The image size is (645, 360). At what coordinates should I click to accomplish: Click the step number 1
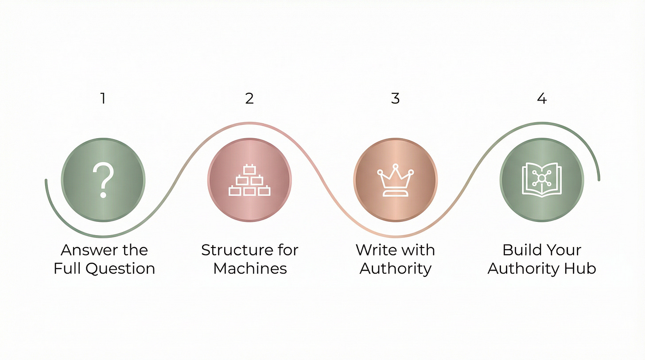103,98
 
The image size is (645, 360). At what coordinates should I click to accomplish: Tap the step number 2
249,98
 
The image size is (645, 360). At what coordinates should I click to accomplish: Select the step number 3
395,98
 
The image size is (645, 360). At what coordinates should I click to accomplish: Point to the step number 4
541,98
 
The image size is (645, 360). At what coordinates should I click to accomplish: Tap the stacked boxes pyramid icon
249,181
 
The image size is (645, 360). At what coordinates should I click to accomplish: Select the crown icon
395,181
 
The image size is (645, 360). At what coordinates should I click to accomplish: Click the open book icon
541,179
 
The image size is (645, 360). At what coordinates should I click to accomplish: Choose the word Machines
250,269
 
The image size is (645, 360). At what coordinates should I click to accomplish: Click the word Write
375,251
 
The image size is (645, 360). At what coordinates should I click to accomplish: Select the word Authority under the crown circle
395,269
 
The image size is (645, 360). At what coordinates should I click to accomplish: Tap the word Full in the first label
68,269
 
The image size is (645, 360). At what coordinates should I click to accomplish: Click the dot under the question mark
103,194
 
